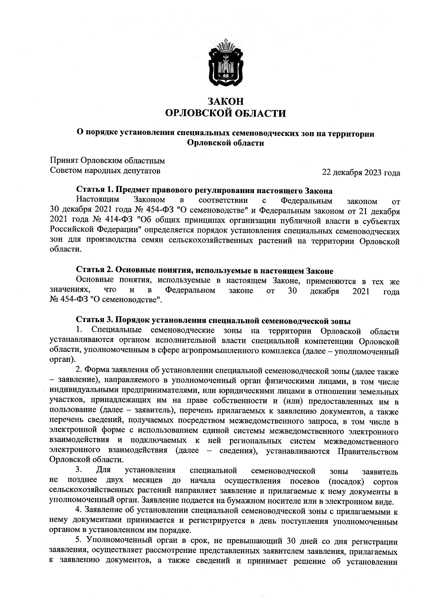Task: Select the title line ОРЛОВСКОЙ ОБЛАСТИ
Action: (x=225, y=114)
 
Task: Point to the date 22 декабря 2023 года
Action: (x=361, y=173)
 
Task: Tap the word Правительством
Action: (x=368, y=452)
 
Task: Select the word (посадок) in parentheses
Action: (x=346, y=481)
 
